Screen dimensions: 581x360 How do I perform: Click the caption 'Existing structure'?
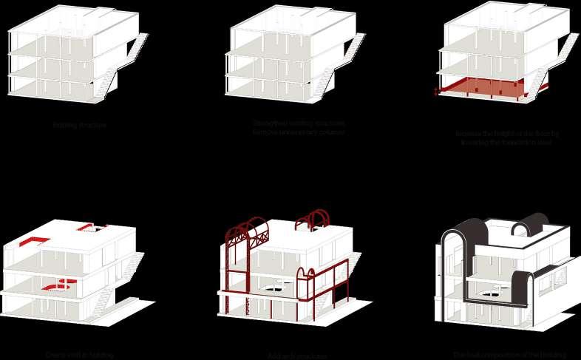pyautogui.click(x=79, y=126)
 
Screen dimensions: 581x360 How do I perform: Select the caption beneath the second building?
pyautogui.click(x=298, y=127)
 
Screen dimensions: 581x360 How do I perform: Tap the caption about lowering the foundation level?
pyautogui.click(x=507, y=137)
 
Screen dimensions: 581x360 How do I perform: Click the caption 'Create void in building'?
pyautogui.click(x=79, y=356)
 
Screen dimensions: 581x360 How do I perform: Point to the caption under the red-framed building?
pyautogui.click(x=298, y=356)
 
